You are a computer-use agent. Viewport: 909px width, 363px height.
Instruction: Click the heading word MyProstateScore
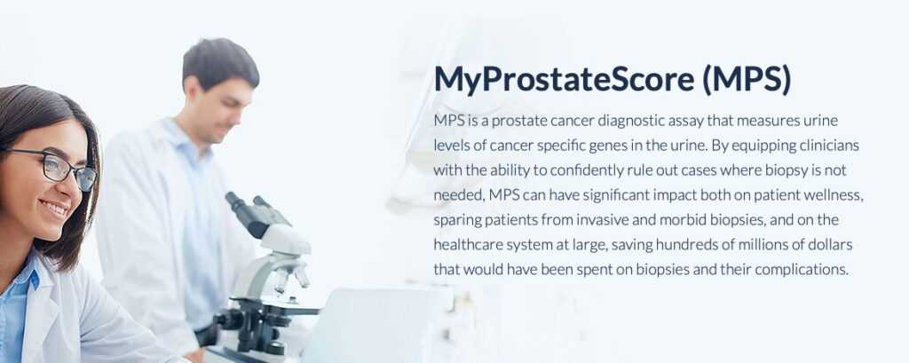pos(564,80)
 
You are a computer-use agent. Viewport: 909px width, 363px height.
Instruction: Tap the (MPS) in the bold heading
pos(747,80)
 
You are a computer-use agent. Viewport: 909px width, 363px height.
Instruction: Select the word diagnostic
pos(631,122)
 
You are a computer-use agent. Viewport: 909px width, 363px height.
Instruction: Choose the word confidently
pos(584,171)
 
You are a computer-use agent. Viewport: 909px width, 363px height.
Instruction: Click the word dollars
pos(834,245)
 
